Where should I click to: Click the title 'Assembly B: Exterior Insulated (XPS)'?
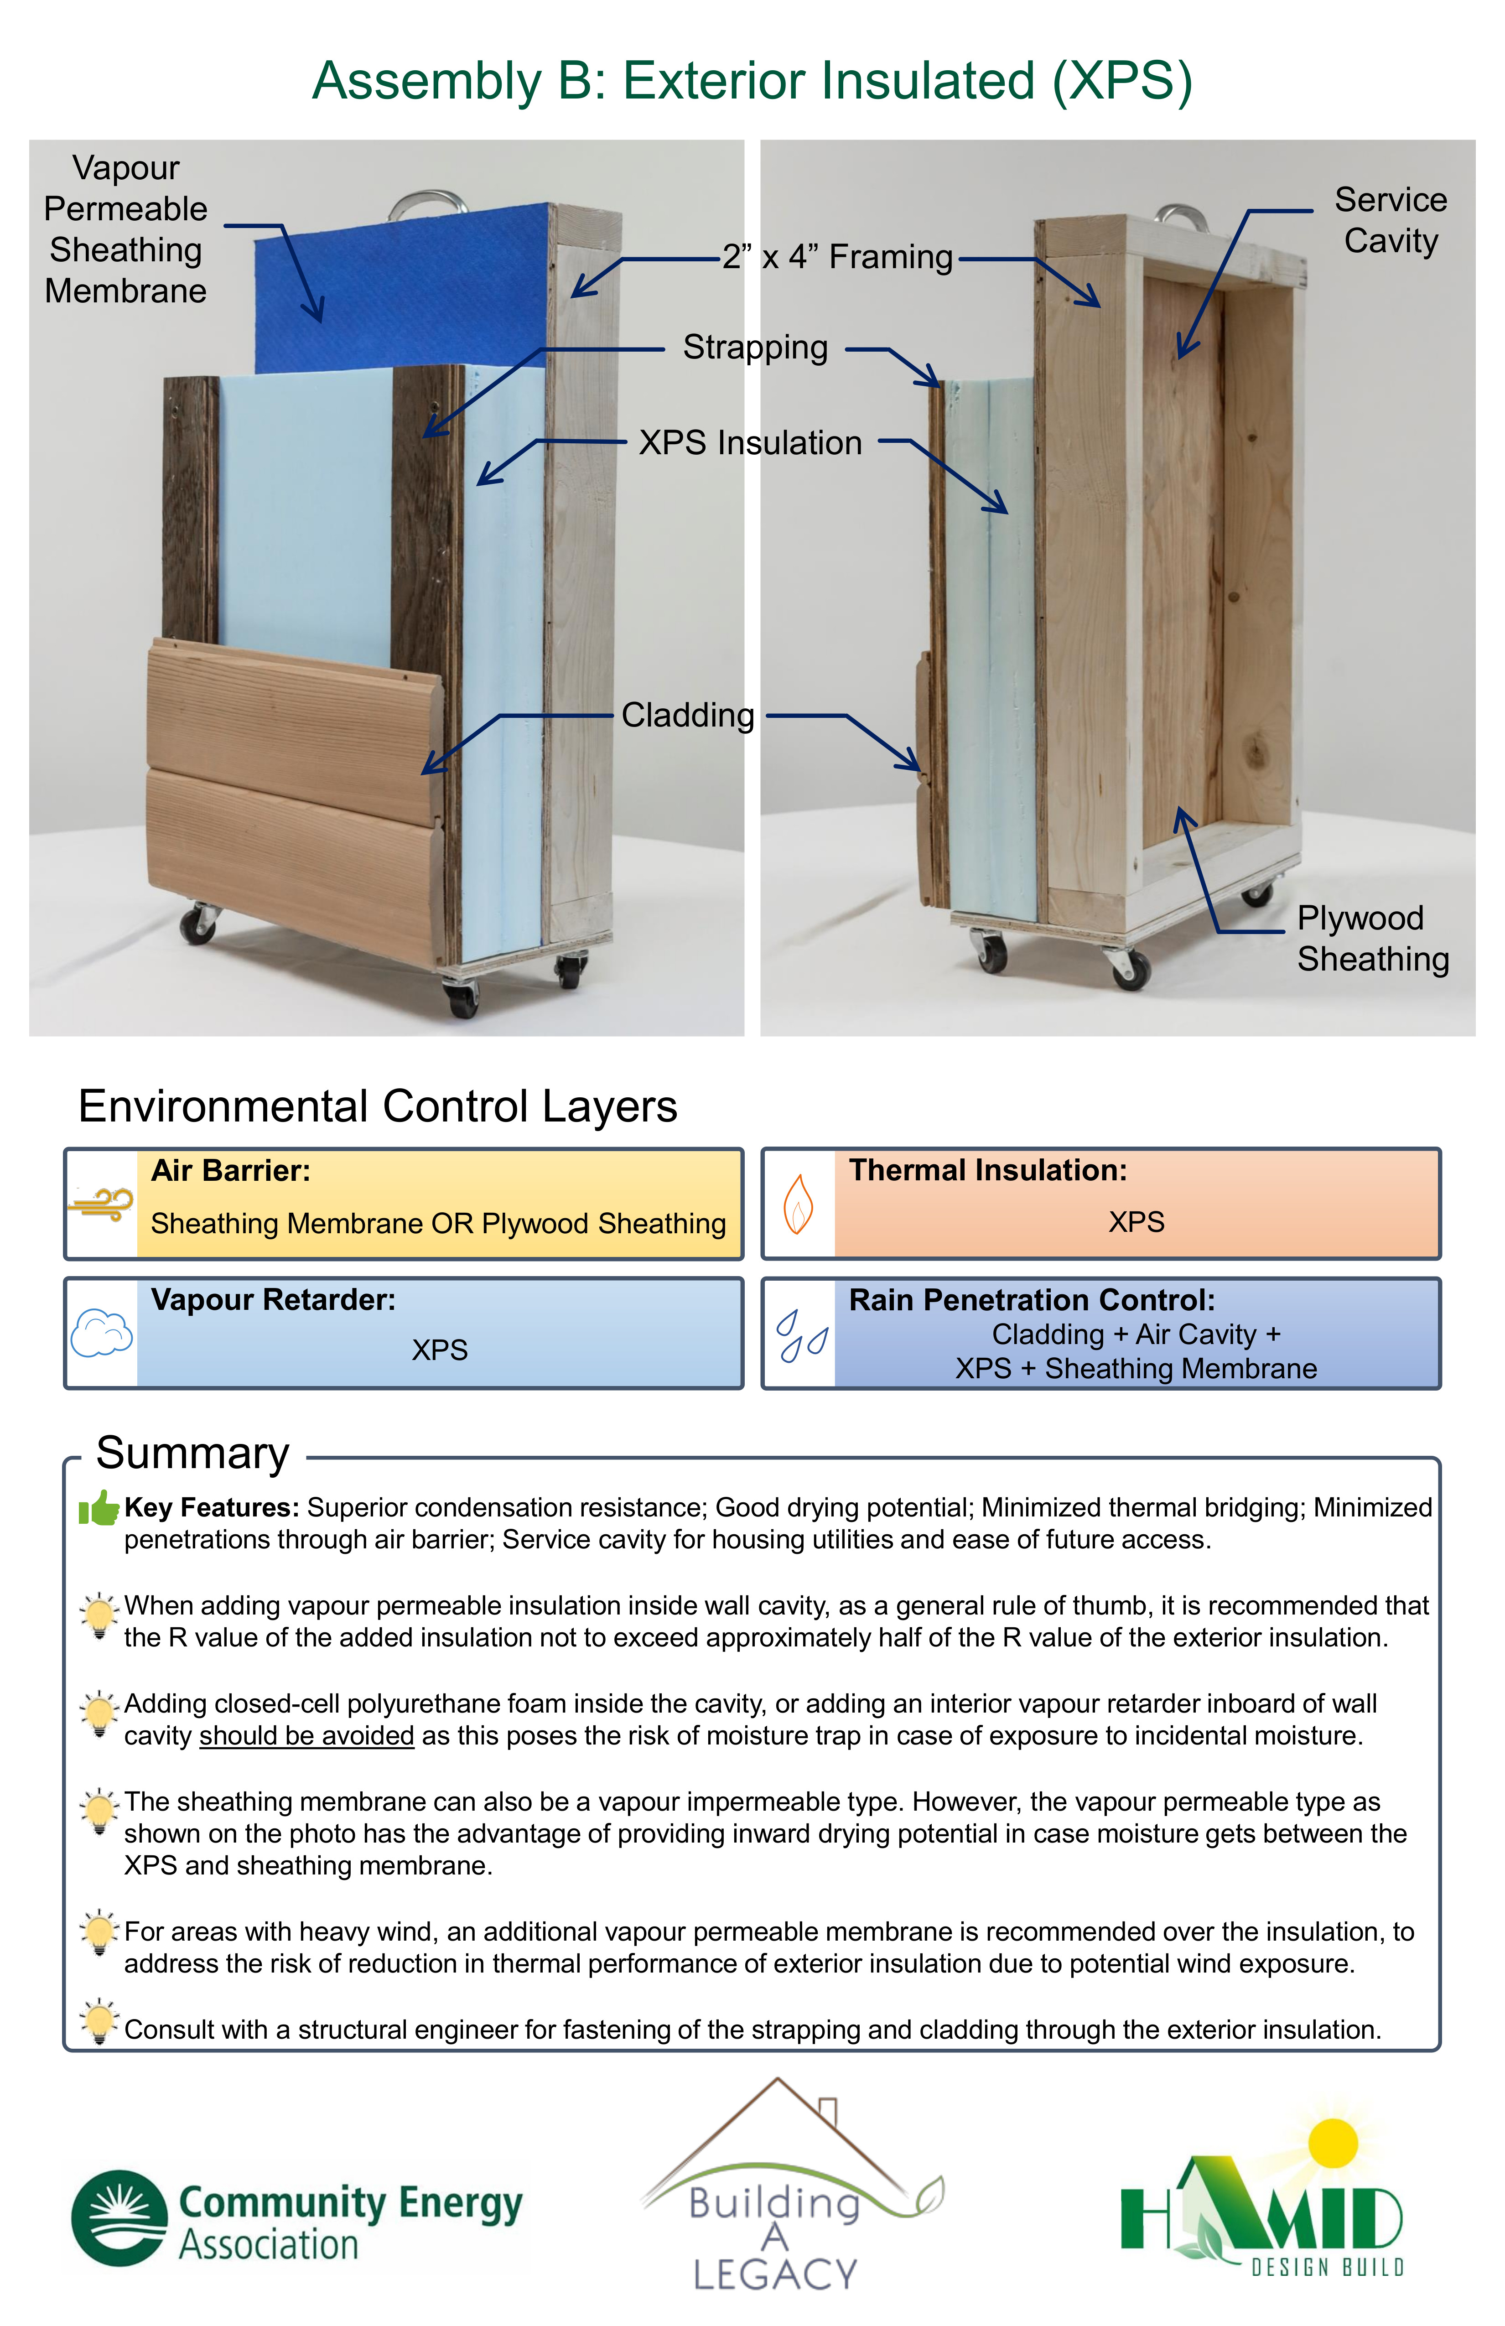point(752,81)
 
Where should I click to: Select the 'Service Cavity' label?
point(1391,220)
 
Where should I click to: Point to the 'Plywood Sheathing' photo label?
point(1373,938)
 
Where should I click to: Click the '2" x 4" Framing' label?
point(837,257)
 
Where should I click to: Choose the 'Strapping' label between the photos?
point(755,347)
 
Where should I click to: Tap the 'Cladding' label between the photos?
point(688,716)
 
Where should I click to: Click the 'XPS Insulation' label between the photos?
point(751,443)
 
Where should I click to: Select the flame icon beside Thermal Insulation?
point(799,1204)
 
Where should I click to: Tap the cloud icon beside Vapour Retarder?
point(102,1333)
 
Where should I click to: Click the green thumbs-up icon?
point(99,1508)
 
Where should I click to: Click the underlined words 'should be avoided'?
point(307,1736)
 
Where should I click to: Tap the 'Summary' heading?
point(192,1453)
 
